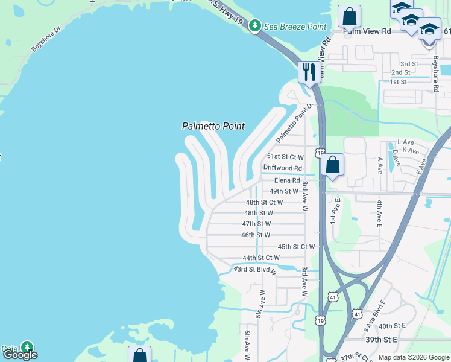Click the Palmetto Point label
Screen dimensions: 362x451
pos(213,126)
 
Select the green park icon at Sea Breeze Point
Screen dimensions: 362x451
pos(256,26)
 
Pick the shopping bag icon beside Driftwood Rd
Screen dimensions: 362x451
pos(332,165)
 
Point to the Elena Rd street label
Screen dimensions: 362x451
pos(287,180)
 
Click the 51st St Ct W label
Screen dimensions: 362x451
pos(285,157)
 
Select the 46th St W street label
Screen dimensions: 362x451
pos(256,235)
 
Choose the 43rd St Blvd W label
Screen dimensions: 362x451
pos(255,269)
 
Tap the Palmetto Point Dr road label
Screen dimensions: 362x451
pos(296,123)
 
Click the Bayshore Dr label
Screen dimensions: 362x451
pos(46,38)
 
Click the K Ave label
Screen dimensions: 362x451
pos(410,150)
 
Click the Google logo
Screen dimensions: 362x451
pos(20,355)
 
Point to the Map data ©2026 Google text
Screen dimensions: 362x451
pos(413,357)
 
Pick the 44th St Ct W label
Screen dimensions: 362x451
pos(261,258)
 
